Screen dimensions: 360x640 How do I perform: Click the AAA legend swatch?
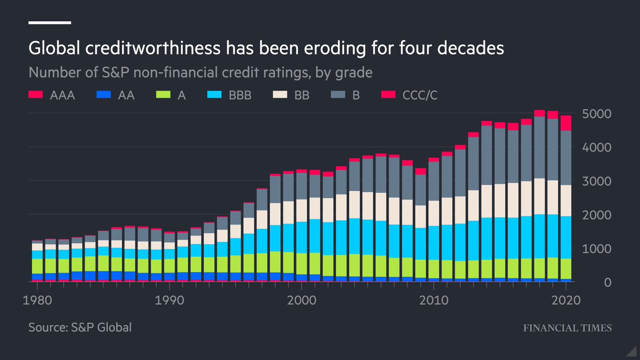[x=35, y=95]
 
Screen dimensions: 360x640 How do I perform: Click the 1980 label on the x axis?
[x=40, y=299]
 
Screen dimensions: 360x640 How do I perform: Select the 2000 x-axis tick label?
[x=301, y=299]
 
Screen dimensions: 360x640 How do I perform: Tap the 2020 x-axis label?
[x=565, y=299]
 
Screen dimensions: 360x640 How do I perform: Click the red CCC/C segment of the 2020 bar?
[x=565, y=123]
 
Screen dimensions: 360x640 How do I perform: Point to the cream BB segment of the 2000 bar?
[x=302, y=210]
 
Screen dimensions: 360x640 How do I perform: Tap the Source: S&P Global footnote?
[x=80, y=327]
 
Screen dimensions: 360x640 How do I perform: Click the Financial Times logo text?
[x=566, y=328]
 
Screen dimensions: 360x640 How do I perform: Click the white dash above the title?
[x=50, y=22]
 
